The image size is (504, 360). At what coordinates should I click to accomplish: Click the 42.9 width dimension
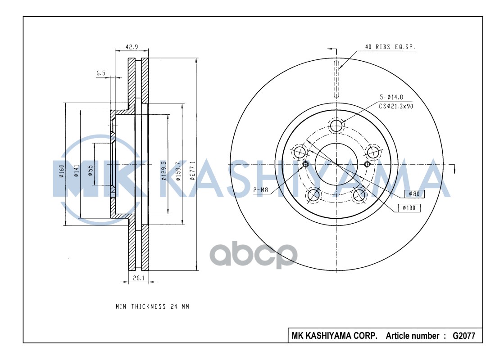click(132, 46)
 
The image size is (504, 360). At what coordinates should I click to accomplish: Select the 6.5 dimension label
click(101, 72)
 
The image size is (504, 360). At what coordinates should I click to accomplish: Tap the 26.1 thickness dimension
click(139, 278)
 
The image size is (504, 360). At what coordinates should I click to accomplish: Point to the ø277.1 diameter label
click(192, 171)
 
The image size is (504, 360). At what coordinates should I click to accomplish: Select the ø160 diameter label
click(62, 171)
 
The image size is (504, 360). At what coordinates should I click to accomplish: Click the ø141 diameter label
click(77, 171)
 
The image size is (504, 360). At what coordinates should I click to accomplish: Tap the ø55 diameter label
click(91, 171)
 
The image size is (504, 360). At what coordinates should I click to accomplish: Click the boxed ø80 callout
click(414, 194)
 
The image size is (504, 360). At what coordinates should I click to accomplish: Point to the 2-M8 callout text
click(260, 190)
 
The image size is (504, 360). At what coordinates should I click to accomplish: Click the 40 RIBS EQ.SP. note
click(390, 47)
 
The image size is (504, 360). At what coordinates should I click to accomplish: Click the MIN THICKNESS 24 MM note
click(152, 306)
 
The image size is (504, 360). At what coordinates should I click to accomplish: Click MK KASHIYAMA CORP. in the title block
click(335, 336)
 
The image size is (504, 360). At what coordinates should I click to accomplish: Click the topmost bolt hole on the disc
click(336, 126)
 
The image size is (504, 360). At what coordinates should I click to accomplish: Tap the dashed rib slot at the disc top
click(336, 78)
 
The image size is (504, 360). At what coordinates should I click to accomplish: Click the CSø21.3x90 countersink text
click(395, 106)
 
